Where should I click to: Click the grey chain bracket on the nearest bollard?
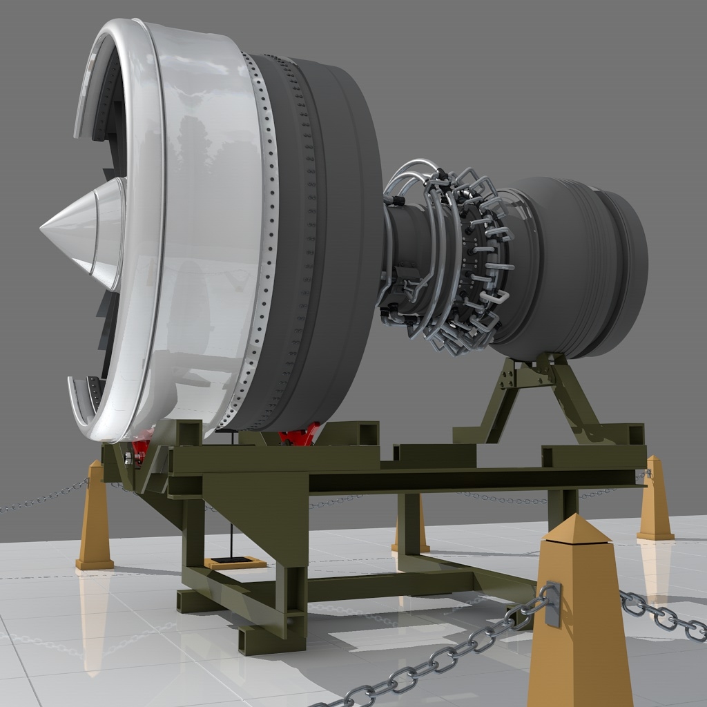[553, 605]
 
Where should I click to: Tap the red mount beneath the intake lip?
[140, 447]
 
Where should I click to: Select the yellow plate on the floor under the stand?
[235, 563]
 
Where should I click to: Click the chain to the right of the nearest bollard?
[663, 614]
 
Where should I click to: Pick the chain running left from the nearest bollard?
[442, 659]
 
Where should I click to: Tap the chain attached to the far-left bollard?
[41, 498]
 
